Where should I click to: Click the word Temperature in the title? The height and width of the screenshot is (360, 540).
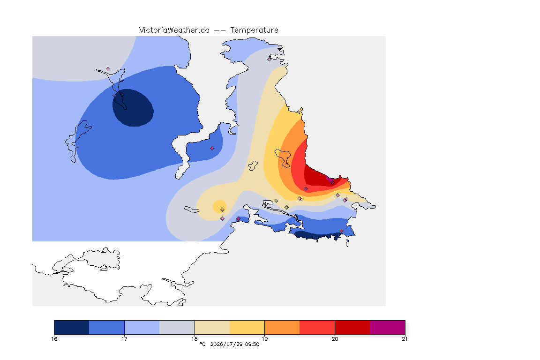(254, 30)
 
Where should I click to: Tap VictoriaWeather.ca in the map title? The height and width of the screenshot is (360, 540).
(174, 30)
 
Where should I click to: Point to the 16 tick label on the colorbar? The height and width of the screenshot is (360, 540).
(54, 339)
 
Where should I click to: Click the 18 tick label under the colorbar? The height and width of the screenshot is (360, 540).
(195, 339)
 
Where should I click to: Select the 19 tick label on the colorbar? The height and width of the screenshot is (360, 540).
(264, 339)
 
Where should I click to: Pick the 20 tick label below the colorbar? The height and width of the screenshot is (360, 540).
(335, 339)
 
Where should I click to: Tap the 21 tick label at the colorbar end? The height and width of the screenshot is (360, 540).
(405, 339)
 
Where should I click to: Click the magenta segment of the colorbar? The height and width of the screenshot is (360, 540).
(388, 327)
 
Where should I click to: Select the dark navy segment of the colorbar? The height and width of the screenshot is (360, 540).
(72, 327)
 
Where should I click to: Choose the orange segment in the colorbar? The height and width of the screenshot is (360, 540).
(282, 327)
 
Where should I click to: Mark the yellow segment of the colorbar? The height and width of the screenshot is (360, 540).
(247, 327)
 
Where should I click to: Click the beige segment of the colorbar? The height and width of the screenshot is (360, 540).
(212, 327)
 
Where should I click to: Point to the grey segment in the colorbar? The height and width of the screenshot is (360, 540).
(177, 327)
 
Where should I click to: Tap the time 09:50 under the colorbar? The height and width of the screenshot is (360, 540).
(252, 344)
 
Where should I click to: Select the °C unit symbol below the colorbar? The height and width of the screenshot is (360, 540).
(202, 344)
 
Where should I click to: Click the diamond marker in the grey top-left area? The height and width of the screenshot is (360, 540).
(108, 69)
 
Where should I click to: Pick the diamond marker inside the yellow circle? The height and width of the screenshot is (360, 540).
(223, 210)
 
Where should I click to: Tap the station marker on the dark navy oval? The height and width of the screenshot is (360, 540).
(122, 94)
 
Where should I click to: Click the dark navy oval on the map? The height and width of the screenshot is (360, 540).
(133, 108)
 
